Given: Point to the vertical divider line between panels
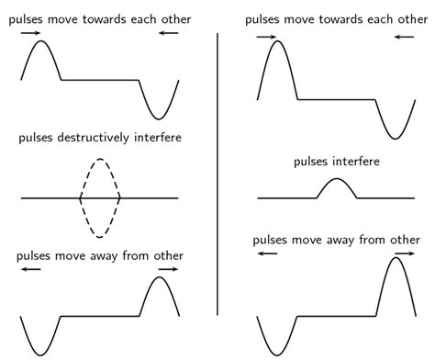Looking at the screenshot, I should click(x=217, y=174).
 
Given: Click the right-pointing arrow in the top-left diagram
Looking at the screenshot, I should click(x=30, y=32).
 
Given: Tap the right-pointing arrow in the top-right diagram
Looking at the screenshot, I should click(x=267, y=38).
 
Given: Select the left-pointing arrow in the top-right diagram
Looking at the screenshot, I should click(x=405, y=38).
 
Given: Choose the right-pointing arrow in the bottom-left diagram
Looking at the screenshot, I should click(x=168, y=270).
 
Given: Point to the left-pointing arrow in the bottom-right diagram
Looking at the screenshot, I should click(x=267, y=253).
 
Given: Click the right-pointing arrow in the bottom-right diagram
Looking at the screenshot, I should click(x=405, y=253).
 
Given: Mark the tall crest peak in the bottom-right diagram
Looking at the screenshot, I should click(x=396, y=258).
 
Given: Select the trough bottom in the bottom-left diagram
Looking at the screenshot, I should click(x=41, y=354).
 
